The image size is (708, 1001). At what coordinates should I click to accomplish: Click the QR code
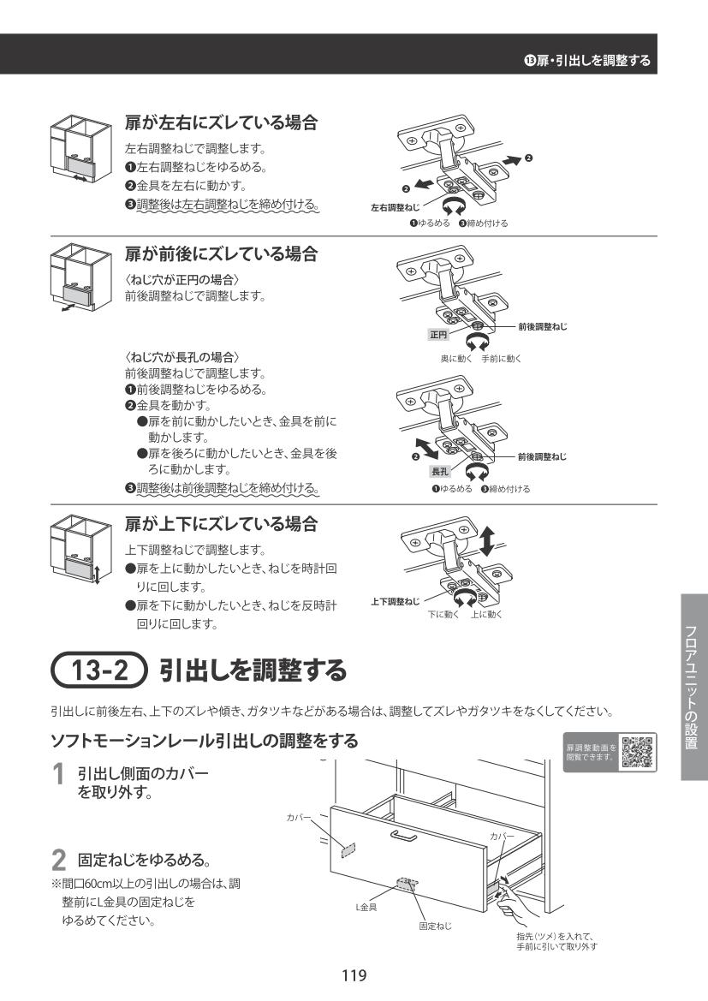tap(638, 752)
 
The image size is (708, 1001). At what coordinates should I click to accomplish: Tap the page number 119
tap(354, 974)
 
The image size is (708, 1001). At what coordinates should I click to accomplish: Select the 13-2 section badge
tap(99, 670)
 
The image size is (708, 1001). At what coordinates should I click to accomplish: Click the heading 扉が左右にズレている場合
tap(221, 122)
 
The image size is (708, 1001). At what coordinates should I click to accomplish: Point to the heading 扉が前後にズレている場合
tap(221, 253)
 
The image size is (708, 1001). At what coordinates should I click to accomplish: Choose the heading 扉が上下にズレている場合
tap(221, 524)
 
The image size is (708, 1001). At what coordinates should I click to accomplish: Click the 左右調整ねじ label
tap(396, 207)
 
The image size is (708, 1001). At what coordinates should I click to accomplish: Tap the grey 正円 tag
tap(438, 335)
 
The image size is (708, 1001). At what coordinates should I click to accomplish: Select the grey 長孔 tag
tap(441, 472)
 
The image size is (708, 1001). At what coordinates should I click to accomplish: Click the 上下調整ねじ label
tap(396, 601)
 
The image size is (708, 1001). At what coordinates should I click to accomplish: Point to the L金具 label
tap(366, 907)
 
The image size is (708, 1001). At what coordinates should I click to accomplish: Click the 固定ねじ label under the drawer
tap(435, 926)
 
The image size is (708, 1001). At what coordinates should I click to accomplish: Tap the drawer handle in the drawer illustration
tap(404, 835)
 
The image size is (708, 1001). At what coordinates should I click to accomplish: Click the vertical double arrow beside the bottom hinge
tap(487, 541)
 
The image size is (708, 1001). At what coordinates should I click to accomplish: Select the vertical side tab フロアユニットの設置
tap(694, 687)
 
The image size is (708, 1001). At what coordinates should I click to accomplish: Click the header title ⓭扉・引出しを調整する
tap(586, 61)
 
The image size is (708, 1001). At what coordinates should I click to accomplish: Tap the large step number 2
tap(58, 860)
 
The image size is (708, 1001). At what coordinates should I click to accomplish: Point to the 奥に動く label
tap(455, 359)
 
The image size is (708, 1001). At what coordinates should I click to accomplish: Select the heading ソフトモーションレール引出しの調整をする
tap(205, 741)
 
